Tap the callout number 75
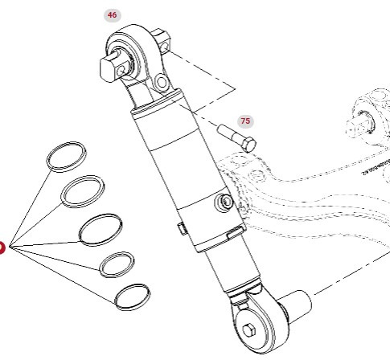point(244,121)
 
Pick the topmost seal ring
point(66,155)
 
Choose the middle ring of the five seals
point(101,228)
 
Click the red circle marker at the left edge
point(2,247)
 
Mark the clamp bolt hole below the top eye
point(161,84)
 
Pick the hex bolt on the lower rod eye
point(250,333)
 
